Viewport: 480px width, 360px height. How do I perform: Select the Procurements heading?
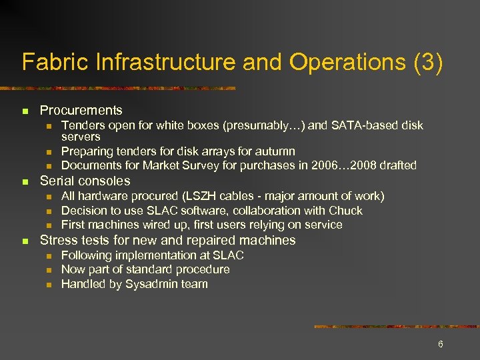(x=81, y=110)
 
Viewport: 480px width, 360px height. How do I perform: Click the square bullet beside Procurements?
(x=25, y=111)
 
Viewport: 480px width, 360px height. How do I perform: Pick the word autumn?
(x=276, y=151)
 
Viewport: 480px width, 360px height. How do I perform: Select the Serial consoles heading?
(x=85, y=181)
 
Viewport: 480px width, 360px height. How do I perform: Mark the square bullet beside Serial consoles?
(x=25, y=181)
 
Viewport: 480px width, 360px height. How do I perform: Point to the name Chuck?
(x=346, y=211)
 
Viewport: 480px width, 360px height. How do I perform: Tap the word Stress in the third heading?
(x=57, y=240)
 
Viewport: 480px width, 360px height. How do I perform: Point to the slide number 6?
(x=440, y=344)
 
